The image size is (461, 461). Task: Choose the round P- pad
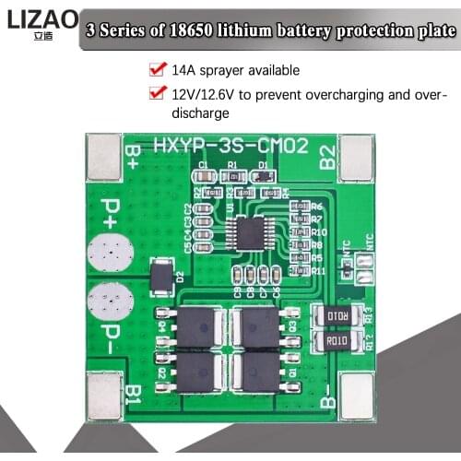click(110, 301)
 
